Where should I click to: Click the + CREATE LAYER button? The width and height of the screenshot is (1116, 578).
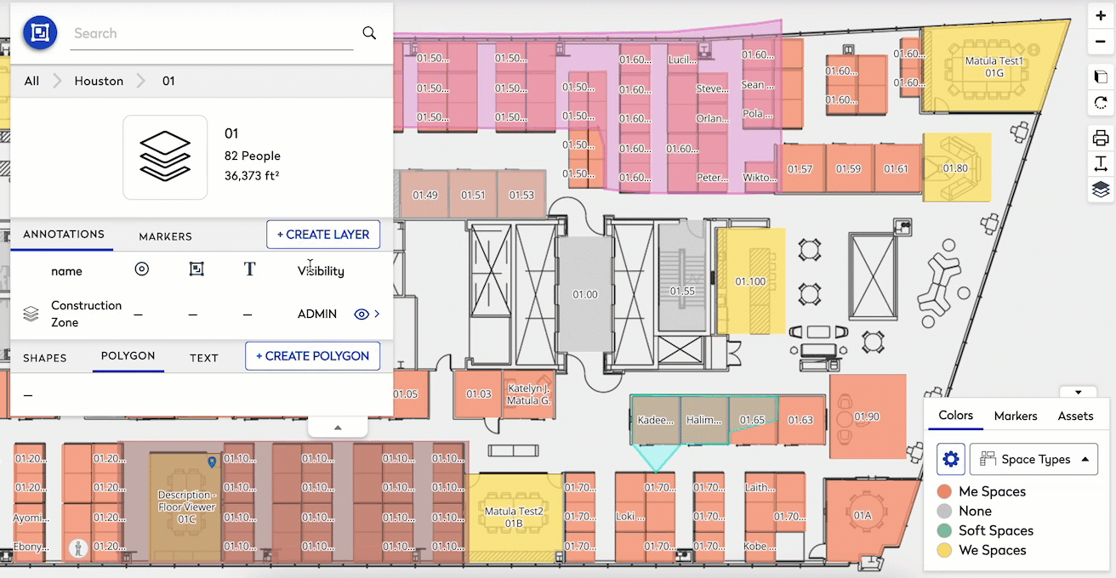pos(323,235)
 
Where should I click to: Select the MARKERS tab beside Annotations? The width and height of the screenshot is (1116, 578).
pos(165,236)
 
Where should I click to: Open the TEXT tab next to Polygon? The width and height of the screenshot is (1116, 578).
pos(204,358)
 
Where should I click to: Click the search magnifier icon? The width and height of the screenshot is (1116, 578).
pos(369,33)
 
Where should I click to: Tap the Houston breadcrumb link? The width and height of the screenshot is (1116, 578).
pos(99,81)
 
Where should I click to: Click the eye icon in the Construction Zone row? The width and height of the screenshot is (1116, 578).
pos(361,314)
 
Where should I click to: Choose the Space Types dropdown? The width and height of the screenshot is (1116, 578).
pos(1033,459)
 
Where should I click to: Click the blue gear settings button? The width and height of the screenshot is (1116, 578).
pos(951,459)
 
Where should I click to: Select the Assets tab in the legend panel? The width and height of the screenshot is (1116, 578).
pos(1075,416)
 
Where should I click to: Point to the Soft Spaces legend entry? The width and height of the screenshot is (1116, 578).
pos(995,530)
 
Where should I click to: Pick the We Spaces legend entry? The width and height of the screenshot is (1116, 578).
pos(992,550)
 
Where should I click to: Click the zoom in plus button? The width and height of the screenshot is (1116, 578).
pos(1101,16)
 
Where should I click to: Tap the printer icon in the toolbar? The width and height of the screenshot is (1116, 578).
pos(1101,138)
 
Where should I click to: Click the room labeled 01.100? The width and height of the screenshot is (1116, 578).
pos(750,281)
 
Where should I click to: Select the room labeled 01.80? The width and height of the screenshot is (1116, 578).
pos(955,168)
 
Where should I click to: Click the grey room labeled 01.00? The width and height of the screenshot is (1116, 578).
pos(584,294)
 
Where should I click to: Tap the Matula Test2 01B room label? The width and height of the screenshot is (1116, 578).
pos(513,517)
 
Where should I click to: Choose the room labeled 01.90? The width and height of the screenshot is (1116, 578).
pos(867,416)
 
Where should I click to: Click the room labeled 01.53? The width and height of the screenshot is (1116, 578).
pos(521,195)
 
